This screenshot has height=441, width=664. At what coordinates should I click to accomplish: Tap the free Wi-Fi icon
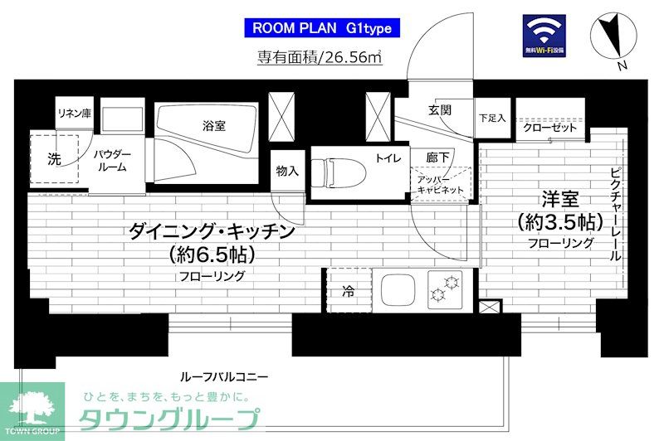[x=544, y=36]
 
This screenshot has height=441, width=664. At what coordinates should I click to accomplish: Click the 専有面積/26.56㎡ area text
[x=319, y=58]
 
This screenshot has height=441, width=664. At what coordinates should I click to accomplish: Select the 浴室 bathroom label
[x=213, y=126]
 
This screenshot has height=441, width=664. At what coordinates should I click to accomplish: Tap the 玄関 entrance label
[x=439, y=110]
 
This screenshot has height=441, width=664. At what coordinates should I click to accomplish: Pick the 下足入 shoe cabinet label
[x=492, y=119]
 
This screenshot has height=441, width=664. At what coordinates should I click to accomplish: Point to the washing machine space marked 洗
[x=54, y=158]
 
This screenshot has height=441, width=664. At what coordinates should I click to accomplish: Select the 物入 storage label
[x=287, y=172]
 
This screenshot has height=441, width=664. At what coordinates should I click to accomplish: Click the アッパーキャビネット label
[x=442, y=183]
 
